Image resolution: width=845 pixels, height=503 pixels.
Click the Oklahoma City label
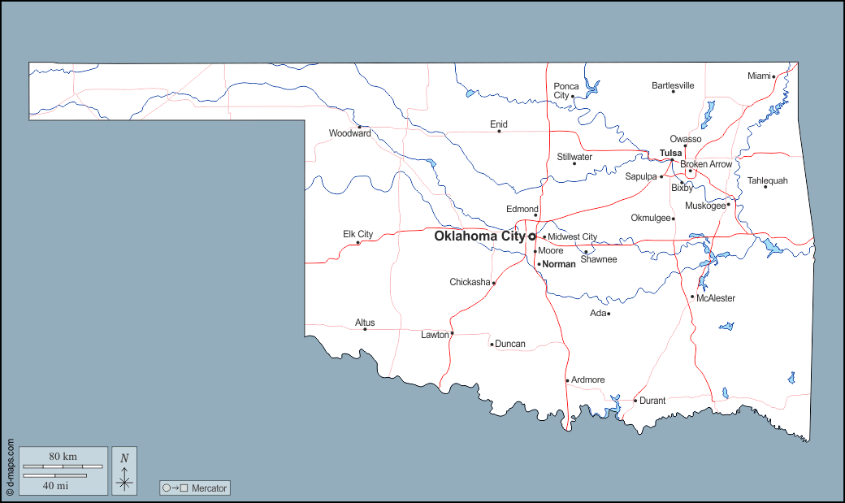(x=479, y=236)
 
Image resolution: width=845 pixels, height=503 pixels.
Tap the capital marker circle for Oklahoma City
(x=532, y=236)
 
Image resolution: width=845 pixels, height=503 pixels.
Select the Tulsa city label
(x=670, y=153)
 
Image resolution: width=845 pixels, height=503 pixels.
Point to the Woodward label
(x=349, y=133)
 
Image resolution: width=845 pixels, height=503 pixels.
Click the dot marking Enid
(x=499, y=132)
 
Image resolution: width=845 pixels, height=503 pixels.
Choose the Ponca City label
(x=566, y=90)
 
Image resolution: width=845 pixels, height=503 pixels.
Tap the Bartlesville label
(x=673, y=85)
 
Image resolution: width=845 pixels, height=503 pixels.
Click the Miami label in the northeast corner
(x=758, y=76)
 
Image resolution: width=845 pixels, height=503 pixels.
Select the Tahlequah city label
(x=767, y=180)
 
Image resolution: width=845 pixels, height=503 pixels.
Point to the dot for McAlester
(x=692, y=297)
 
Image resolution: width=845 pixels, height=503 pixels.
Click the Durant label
(x=652, y=401)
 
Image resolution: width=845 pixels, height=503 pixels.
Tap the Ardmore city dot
(x=567, y=380)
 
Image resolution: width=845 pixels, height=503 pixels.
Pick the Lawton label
(x=435, y=335)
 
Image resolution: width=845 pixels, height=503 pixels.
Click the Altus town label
(x=365, y=323)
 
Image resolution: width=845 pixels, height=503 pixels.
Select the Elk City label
(x=357, y=234)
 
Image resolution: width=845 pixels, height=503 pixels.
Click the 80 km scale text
(x=63, y=457)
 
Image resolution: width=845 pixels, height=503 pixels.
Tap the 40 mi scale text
(x=55, y=485)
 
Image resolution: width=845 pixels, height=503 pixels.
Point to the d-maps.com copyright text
(x=10, y=467)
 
